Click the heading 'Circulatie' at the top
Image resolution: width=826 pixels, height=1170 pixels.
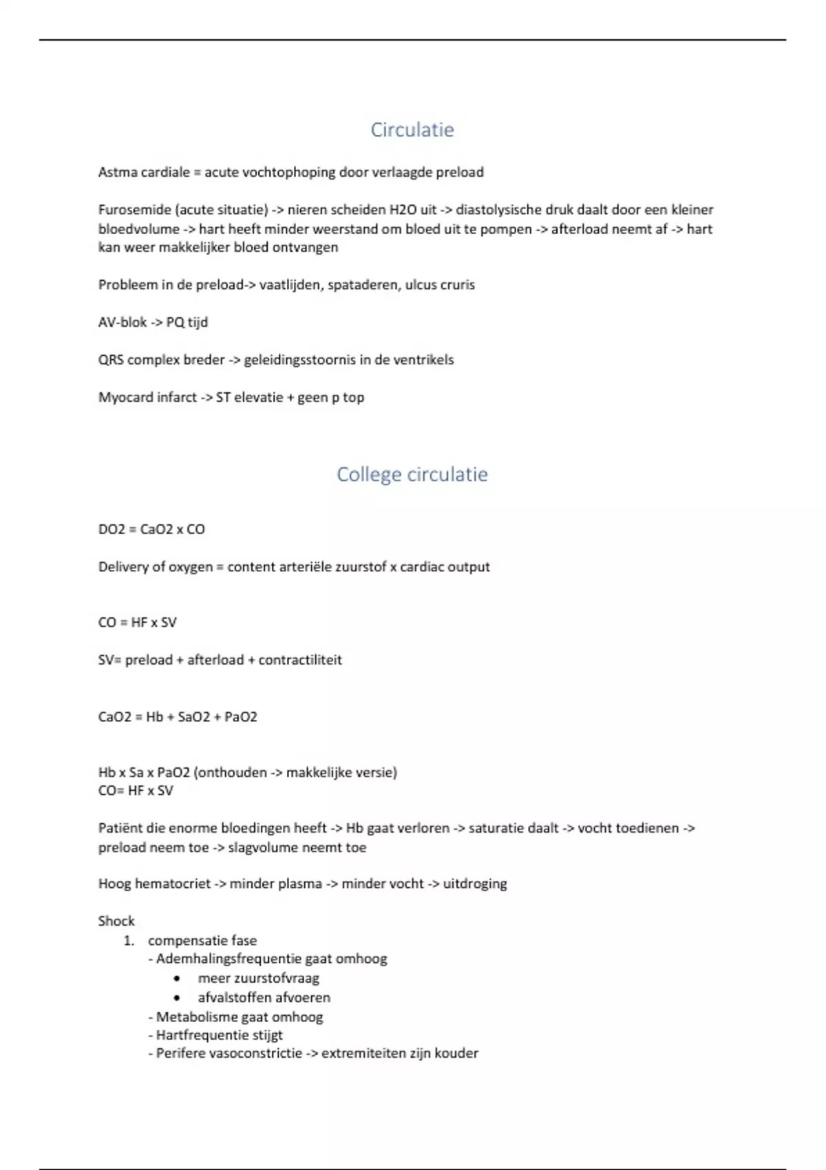click(412, 129)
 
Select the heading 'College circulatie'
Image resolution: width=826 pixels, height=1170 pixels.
click(412, 474)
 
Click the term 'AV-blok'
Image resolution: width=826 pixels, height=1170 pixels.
click(123, 322)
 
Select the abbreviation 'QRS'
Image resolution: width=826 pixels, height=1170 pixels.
click(111, 360)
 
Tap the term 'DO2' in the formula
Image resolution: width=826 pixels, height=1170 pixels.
click(112, 529)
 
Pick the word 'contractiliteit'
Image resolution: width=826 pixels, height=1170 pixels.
click(300, 660)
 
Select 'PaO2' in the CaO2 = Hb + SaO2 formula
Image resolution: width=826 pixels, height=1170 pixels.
click(241, 717)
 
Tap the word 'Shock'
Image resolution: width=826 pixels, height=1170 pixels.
click(116, 921)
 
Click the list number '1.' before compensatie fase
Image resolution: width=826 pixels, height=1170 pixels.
click(129, 941)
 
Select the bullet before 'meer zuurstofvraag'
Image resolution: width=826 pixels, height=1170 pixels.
click(178, 978)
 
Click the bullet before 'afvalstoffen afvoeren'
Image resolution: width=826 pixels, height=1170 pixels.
click(178, 997)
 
